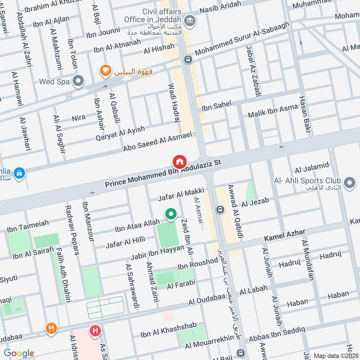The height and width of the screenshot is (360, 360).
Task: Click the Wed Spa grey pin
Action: [x=78, y=81]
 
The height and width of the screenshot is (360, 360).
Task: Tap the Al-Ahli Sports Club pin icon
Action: [x=349, y=184]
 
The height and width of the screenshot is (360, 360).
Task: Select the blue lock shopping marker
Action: [x=19, y=172]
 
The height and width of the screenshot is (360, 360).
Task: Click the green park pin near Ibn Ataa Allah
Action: [x=171, y=215]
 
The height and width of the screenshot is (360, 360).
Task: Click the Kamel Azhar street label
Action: [x=284, y=234]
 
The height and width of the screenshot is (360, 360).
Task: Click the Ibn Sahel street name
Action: [x=216, y=106]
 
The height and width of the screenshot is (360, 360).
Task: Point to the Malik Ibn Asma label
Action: [x=273, y=111]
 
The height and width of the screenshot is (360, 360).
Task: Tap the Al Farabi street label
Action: [x=181, y=283]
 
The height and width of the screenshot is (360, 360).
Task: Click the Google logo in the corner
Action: [x=18, y=353]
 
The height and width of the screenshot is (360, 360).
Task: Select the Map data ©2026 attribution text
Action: [x=336, y=355]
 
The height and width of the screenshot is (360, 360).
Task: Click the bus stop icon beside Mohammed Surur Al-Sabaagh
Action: [x=187, y=59]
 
